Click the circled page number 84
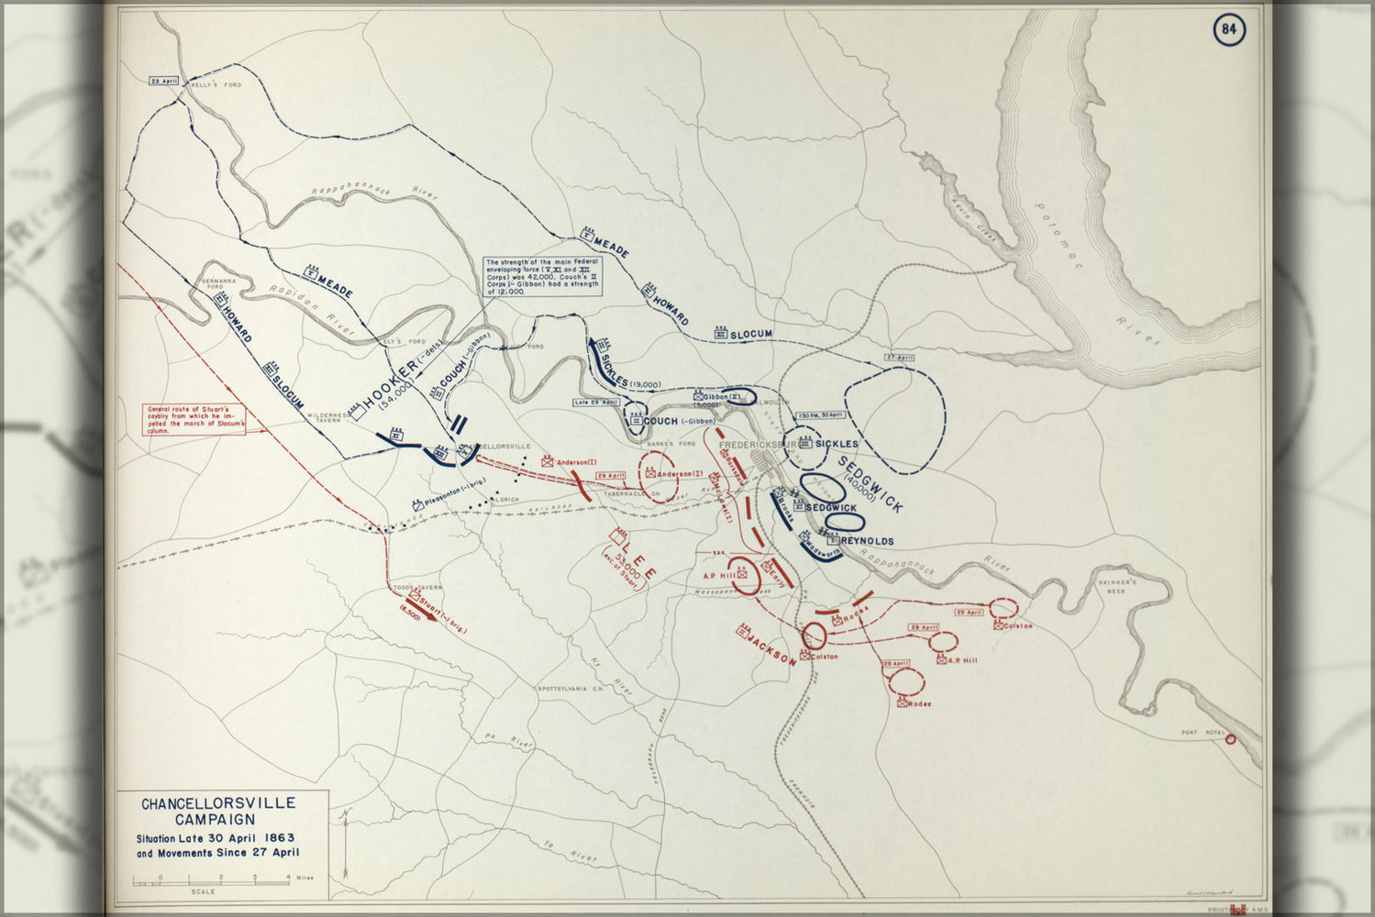1229,30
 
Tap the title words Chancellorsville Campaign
218,812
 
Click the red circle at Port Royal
1230,739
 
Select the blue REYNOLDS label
866,541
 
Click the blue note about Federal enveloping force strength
542,277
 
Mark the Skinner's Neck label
1117,586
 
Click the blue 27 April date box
900,357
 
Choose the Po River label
509,741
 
